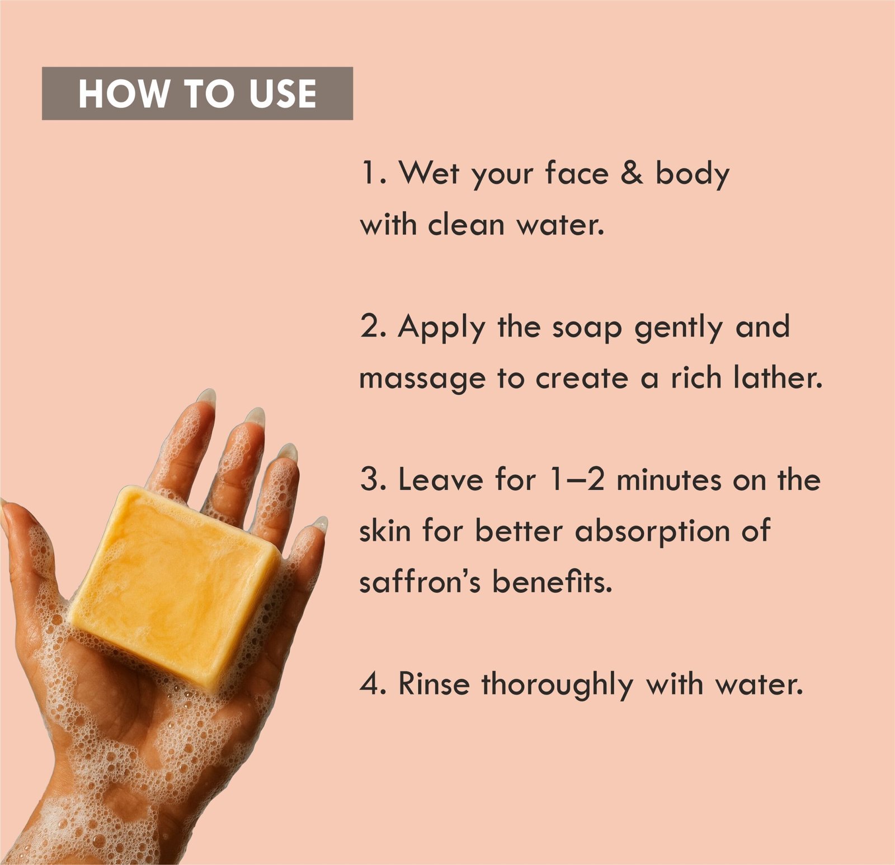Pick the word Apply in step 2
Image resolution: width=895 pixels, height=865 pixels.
pos(441,328)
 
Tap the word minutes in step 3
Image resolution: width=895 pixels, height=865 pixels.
pos(668,480)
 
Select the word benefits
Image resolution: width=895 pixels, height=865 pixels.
pos(552,582)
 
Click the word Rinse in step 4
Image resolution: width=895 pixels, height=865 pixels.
pos(434,684)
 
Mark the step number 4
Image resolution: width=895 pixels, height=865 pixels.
pos(371,684)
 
